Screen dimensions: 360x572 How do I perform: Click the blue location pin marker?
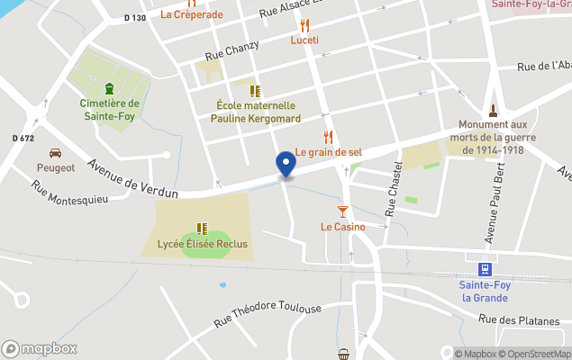coord(286,163)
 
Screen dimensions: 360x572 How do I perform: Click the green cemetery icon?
coord(109,88)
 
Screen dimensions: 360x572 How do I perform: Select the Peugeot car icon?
coord(55,152)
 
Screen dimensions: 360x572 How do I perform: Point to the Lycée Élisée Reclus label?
coord(203,244)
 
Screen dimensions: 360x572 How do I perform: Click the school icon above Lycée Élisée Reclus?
coord(202,229)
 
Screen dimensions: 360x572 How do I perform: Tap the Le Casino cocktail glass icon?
coord(342,211)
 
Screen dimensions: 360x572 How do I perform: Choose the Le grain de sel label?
coord(328,152)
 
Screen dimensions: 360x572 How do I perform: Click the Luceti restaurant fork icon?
coord(304,25)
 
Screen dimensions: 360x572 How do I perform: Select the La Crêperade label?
coord(191,14)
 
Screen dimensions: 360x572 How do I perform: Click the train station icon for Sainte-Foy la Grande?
coord(485,268)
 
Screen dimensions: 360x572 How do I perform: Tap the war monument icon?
coord(493,112)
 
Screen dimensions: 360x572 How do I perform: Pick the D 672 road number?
coord(23,138)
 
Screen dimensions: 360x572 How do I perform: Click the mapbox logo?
coord(40,348)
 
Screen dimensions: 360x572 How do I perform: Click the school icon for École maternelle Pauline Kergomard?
coord(255,91)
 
